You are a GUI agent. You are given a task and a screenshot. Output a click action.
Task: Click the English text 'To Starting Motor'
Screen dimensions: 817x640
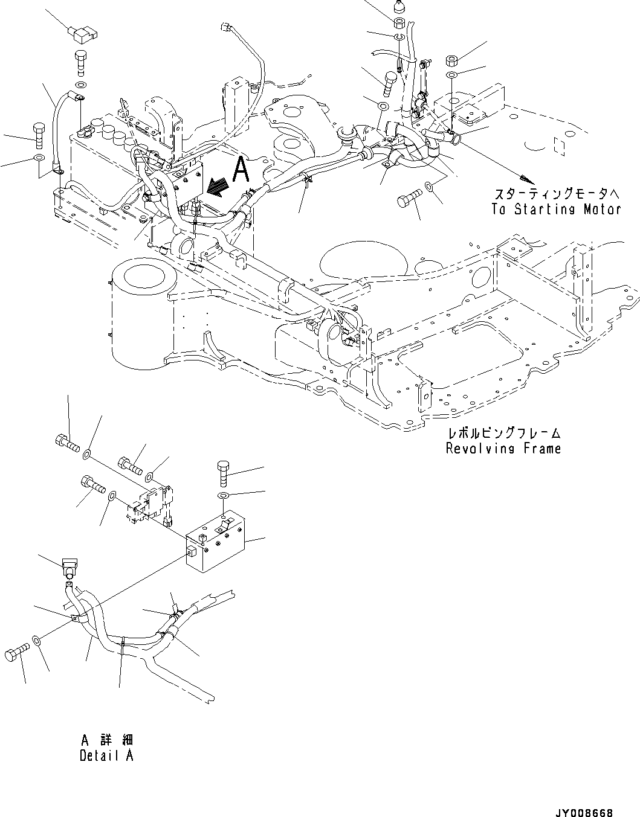[x=556, y=210]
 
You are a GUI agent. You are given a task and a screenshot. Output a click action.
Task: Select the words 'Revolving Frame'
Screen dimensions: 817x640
[x=503, y=448]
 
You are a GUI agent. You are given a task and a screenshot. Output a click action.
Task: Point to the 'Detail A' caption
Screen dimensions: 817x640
[x=106, y=755]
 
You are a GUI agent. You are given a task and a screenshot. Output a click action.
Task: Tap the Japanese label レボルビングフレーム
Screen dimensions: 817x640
[x=503, y=434]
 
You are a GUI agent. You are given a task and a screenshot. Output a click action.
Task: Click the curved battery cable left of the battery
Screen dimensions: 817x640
[x=59, y=127]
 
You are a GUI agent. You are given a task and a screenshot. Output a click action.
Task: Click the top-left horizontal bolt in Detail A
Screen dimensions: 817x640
[x=67, y=442]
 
